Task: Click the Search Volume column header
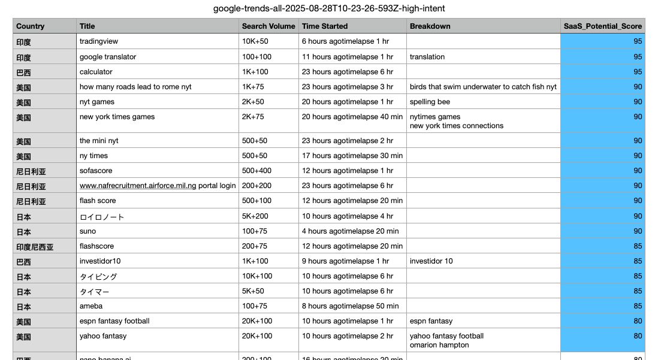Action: [x=268, y=26]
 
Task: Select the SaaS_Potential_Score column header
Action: [x=602, y=26]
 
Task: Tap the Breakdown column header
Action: [x=430, y=26]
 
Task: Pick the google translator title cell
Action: [x=108, y=57]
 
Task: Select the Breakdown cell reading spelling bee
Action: [x=430, y=102]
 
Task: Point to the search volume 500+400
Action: [x=256, y=171]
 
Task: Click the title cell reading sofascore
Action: [x=97, y=171]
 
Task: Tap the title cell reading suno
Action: [x=87, y=231]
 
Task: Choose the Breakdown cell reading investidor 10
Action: [x=431, y=261]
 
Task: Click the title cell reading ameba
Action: [x=91, y=306]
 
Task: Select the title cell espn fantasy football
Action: [x=114, y=321]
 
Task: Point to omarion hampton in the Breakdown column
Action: [x=439, y=345]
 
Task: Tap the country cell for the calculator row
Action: [x=23, y=72]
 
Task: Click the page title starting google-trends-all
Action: [x=329, y=8]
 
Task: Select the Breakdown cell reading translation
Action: [x=427, y=57]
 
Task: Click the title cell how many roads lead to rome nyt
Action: [x=135, y=87]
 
